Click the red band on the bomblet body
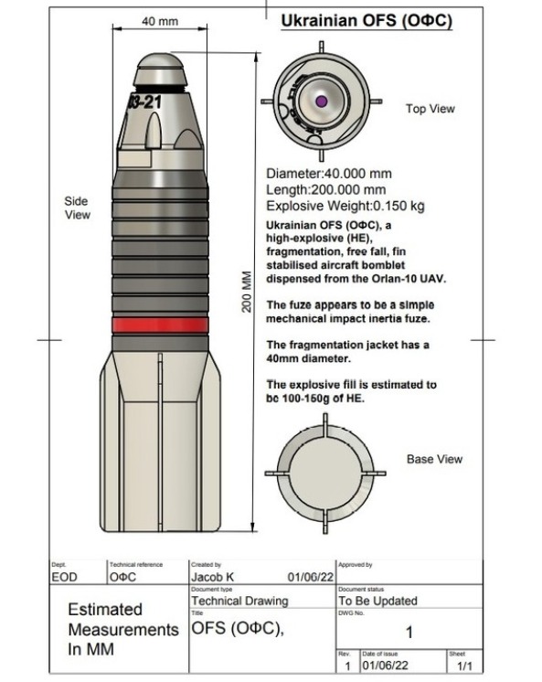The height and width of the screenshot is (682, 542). [160, 325]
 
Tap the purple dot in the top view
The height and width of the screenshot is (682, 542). [321, 101]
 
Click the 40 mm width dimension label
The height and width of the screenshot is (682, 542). [160, 21]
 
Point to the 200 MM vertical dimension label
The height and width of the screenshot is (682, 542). [247, 292]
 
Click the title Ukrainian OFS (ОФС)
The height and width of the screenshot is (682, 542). [367, 20]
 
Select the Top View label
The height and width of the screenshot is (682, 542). [430, 108]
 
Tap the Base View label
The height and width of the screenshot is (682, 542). [434, 459]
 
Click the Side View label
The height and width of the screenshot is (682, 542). [78, 208]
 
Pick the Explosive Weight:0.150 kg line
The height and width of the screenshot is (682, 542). [345, 206]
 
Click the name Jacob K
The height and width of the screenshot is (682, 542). [212, 577]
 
